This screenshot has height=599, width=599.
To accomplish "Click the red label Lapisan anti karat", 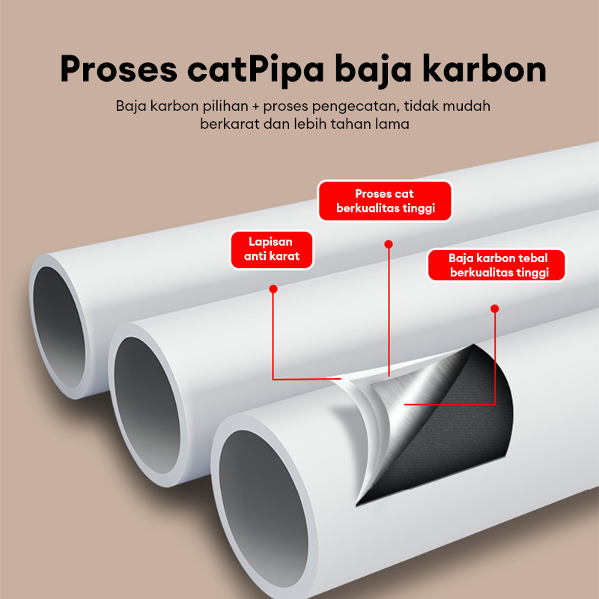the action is click(x=271, y=250).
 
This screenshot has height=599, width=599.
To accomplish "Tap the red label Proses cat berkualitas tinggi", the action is click(x=386, y=201).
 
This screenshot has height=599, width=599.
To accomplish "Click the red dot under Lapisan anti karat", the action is click(x=273, y=288).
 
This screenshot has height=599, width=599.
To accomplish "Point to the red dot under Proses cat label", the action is click(x=388, y=243).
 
